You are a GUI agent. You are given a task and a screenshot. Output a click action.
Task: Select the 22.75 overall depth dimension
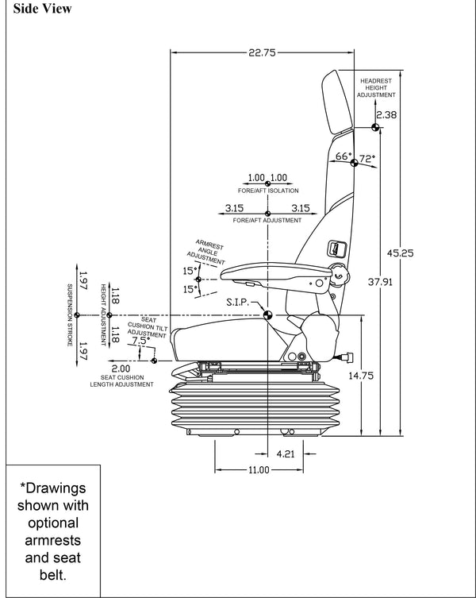pos(261,53)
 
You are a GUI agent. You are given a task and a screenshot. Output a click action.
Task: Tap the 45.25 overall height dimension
pos(400,253)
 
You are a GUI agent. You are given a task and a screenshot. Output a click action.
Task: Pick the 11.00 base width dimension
pos(259,470)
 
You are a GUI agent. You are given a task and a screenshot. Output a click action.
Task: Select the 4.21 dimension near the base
pos(286,455)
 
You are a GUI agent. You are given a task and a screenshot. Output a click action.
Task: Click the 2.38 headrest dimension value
pos(386,115)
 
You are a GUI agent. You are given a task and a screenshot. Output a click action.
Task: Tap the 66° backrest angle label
pos(344,157)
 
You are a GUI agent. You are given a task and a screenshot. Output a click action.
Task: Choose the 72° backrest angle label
pos(367,159)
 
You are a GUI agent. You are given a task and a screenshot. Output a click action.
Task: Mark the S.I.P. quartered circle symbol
pos(268,314)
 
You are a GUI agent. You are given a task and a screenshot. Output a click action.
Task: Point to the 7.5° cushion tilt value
pos(140,341)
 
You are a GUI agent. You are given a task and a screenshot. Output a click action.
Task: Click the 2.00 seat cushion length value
pos(121,368)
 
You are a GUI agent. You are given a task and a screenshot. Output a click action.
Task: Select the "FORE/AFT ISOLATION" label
pos(268,191)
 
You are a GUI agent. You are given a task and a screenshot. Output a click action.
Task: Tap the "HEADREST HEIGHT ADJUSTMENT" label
pos(376,87)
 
